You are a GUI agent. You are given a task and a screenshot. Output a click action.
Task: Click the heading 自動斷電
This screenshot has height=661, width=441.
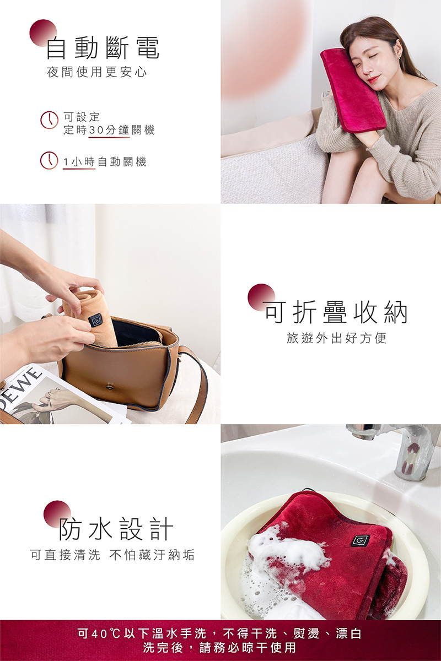(103, 48)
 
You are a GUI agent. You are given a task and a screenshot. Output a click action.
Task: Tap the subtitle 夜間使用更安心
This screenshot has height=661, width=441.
(97, 73)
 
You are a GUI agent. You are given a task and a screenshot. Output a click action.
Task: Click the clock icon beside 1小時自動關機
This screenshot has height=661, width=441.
(50, 160)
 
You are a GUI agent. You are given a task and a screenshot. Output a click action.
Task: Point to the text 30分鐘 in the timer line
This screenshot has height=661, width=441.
(109, 130)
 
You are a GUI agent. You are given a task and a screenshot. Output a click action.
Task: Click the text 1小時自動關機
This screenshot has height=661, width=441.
(105, 161)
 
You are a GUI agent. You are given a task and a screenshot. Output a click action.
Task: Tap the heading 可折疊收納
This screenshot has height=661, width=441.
(336, 312)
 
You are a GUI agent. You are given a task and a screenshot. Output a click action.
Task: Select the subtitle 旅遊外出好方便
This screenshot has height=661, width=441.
(337, 338)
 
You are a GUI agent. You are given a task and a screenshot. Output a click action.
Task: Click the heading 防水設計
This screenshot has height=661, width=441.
(116, 529)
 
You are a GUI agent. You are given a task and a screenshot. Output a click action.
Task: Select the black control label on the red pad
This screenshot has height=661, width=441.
(360, 540)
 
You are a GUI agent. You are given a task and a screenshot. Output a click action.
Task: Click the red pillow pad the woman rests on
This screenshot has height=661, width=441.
(353, 88)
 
